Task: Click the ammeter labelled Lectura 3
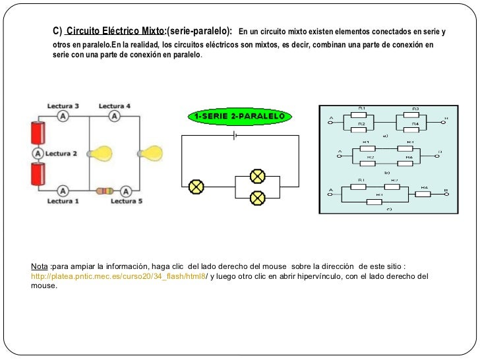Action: [x=63, y=115]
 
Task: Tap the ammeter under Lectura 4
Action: [x=115, y=115]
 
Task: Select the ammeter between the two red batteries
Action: [x=38, y=153]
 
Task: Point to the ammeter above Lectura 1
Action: [x=63, y=191]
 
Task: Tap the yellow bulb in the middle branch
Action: [x=101, y=153]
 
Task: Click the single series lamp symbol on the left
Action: [x=196, y=187]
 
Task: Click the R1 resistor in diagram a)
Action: [x=362, y=113]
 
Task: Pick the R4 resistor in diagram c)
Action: [x=425, y=193]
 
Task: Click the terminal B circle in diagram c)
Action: [x=446, y=193]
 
